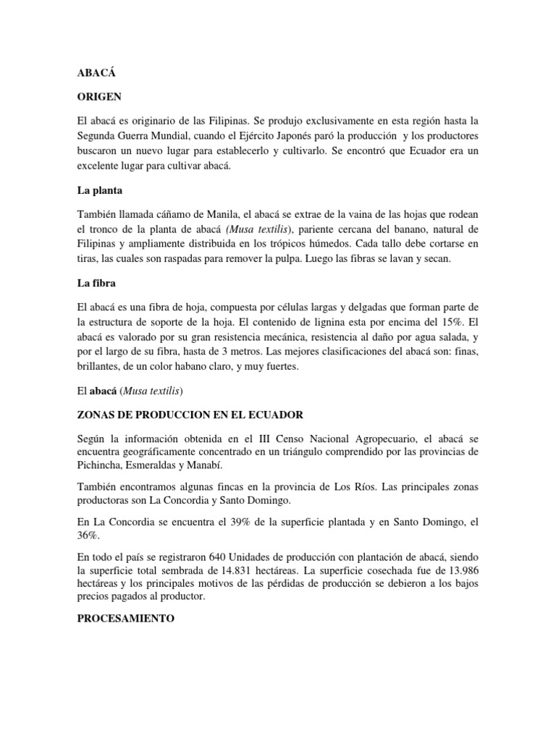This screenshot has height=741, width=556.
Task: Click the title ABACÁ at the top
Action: [x=96, y=73]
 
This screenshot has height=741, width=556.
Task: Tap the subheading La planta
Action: [x=101, y=192]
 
